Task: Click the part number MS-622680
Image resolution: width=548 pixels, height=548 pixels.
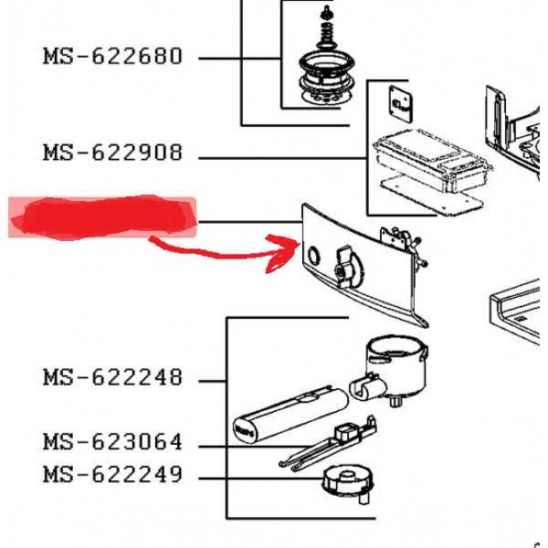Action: (112, 57)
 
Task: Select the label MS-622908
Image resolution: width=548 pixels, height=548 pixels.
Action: (112, 153)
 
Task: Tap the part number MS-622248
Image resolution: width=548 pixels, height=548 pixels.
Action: (112, 377)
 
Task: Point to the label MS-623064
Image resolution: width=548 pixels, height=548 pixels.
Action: (112, 443)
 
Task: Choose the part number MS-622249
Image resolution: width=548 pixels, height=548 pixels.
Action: (112, 476)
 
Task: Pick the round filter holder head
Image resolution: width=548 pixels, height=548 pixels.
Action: (395, 364)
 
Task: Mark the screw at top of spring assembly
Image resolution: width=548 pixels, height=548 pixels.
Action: (325, 12)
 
